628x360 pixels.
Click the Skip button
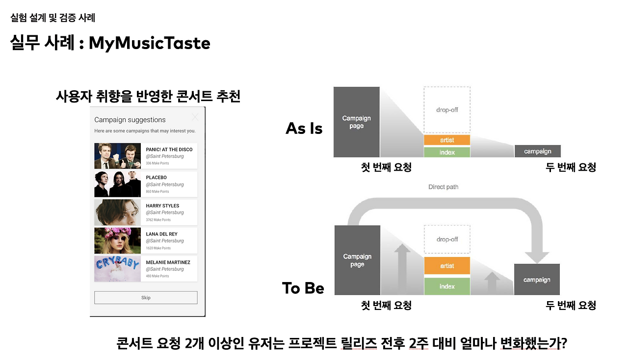click(x=146, y=298)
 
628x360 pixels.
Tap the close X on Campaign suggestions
click(x=195, y=117)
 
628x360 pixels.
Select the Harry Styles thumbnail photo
click(x=117, y=212)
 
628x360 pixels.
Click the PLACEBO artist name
click(x=156, y=178)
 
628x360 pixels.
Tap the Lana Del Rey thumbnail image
click(x=117, y=240)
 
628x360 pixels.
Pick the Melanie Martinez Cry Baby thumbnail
click(x=117, y=269)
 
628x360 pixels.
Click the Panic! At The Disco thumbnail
click(x=117, y=156)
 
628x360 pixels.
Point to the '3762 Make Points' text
click(x=158, y=220)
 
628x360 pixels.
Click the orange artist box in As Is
click(x=447, y=140)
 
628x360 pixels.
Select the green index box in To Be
click(x=447, y=286)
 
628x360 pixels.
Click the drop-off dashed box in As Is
click(x=447, y=110)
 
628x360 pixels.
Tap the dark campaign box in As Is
click(x=537, y=151)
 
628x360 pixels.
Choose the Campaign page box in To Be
click(x=357, y=260)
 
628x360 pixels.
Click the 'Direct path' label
click(x=443, y=187)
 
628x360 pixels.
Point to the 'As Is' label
click(x=304, y=129)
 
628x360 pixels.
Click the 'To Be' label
click(x=303, y=288)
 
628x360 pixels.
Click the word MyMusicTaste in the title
click(x=150, y=43)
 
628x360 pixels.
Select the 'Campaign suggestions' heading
click(x=130, y=120)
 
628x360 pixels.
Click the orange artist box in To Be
click(x=447, y=265)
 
